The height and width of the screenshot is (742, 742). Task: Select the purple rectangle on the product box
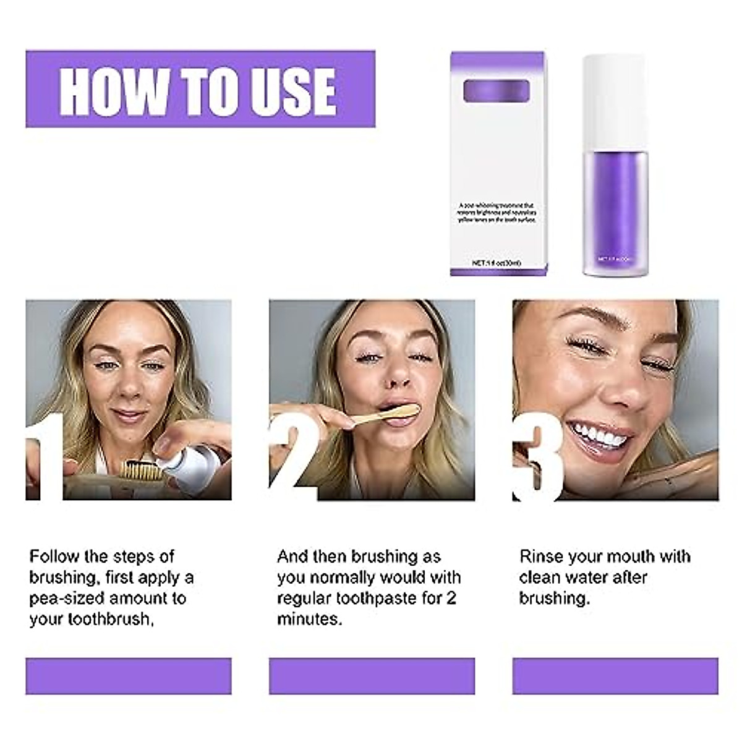point(497,91)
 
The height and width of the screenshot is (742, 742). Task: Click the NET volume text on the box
point(497,263)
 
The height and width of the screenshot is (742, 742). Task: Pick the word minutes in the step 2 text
point(309,619)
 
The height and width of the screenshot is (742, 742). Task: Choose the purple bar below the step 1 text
point(129,676)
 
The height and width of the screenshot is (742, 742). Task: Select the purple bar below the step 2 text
point(372,676)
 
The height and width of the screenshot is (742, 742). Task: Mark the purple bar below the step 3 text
point(615,676)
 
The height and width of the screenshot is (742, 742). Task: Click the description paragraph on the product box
point(497,212)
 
